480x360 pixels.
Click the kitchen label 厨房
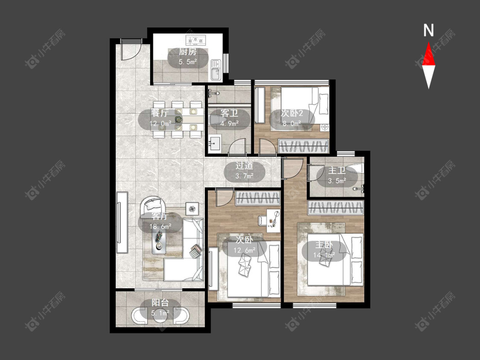(188, 52)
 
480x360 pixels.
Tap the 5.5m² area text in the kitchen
(188, 62)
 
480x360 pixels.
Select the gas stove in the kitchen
(195, 40)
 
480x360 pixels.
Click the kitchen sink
(216, 69)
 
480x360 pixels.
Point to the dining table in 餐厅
(177, 119)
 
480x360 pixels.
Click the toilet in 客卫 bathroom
(216, 121)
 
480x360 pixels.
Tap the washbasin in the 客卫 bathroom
(215, 142)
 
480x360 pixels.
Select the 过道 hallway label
(244, 165)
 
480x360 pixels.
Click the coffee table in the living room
(159, 241)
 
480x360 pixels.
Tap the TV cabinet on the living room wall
(122, 222)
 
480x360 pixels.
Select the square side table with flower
(192, 209)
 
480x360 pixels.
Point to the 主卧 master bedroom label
(324, 245)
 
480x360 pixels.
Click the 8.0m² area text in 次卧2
(291, 123)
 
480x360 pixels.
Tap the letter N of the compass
(428, 30)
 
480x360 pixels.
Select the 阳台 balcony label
(160, 303)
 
